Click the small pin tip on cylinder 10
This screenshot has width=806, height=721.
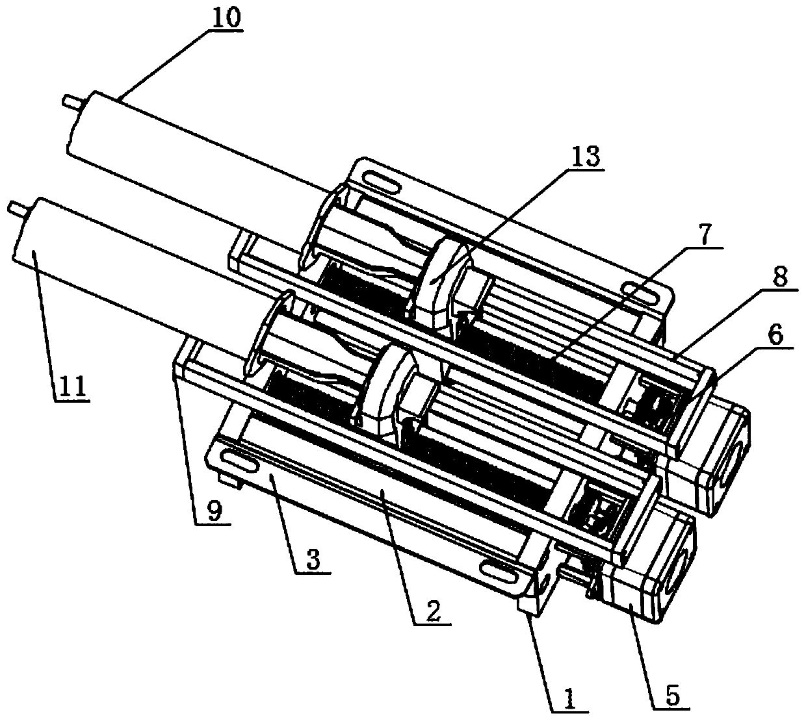pos(68,101)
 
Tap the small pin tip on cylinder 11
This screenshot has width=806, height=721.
pos(13,208)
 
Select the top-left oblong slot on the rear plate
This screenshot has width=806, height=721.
pos(382,181)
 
